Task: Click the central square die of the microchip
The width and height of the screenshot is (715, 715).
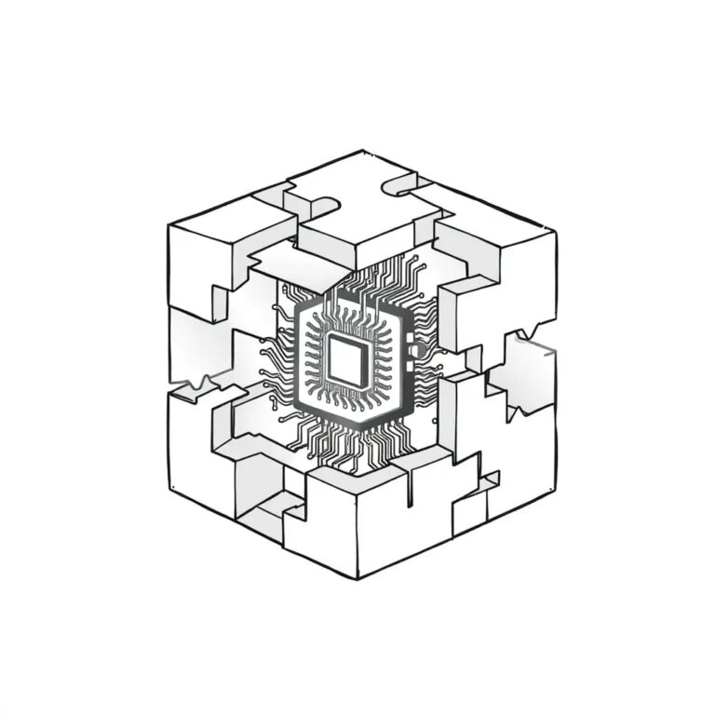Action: click(x=345, y=361)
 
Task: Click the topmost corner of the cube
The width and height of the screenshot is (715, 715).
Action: click(x=363, y=151)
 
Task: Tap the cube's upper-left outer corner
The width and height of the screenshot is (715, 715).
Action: click(x=169, y=225)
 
